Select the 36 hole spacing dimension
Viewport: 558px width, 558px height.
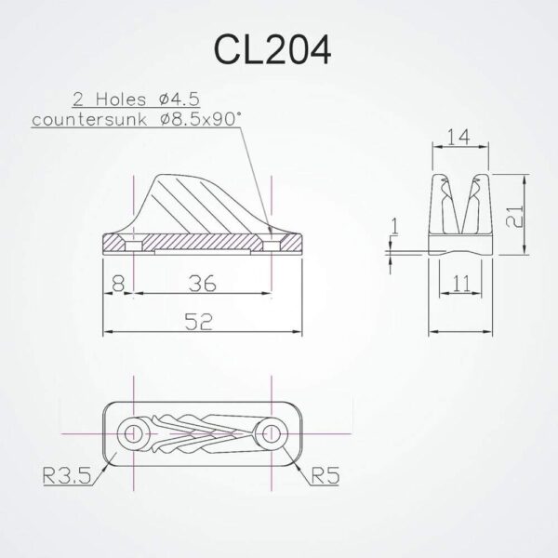click(x=202, y=283)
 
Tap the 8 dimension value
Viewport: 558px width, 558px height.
click(x=115, y=283)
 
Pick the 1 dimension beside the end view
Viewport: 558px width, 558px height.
click(x=394, y=224)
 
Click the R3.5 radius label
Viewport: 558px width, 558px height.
click(x=71, y=479)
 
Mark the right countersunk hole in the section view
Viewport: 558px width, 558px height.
click(x=271, y=244)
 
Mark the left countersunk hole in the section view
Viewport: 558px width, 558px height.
click(x=134, y=244)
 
